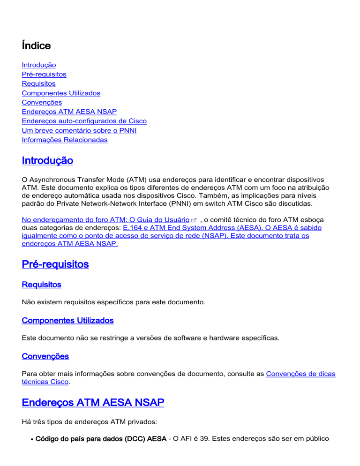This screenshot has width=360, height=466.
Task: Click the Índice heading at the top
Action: coord(36,45)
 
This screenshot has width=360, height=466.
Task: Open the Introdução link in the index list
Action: coord(39,65)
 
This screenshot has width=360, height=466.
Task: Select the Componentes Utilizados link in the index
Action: coord(61,93)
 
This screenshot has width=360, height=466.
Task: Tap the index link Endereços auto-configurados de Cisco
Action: coord(84,121)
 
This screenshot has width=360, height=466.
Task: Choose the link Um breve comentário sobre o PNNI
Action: coord(79,131)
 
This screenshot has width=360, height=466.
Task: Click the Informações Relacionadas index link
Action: coord(65,140)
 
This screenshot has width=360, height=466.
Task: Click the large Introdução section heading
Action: coord(47,161)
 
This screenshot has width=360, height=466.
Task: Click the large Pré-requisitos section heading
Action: coord(55,264)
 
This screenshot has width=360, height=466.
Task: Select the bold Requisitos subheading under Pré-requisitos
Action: coord(41,285)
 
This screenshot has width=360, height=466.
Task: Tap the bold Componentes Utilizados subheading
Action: coord(67,321)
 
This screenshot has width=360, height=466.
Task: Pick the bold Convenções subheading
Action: coord(45,356)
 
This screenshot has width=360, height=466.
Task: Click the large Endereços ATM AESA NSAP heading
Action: coord(93,403)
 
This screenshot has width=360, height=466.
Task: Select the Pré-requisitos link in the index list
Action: coord(44,75)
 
